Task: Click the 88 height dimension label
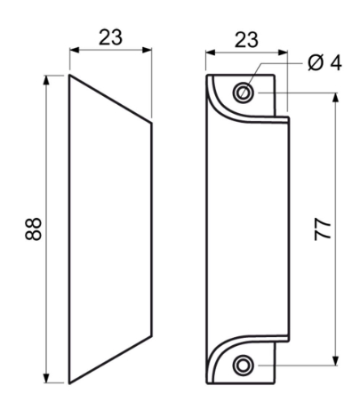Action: point(33,229)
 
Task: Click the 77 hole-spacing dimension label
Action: point(323,229)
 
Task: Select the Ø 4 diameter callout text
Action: point(324,63)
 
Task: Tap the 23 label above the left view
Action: point(110,37)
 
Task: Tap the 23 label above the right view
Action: point(246,40)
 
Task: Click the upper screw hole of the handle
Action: point(244,92)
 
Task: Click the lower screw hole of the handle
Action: point(244,365)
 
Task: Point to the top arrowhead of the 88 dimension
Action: point(46,80)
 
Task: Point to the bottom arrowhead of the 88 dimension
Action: point(46,378)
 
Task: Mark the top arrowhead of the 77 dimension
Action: point(335,98)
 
